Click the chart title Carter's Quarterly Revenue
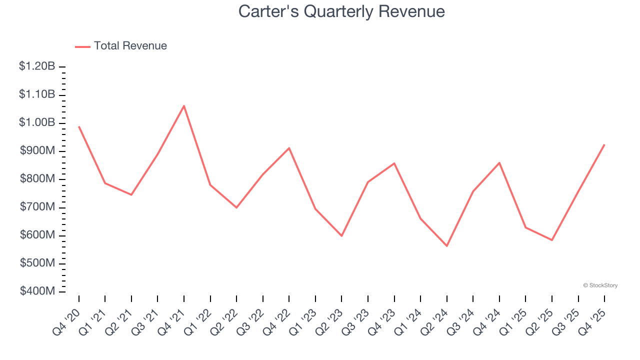(x=341, y=11)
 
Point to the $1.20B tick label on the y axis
(x=37, y=66)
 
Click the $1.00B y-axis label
(x=37, y=122)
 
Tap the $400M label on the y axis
(x=37, y=291)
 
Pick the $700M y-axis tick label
(x=37, y=207)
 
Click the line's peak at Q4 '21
(x=184, y=105)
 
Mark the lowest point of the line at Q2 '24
(x=446, y=246)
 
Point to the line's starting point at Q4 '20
(x=79, y=126)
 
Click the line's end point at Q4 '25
(x=604, y=144)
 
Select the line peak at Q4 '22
(x=289, y=148)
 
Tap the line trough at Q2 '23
(x=341, y=235)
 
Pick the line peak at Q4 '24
(x=499, y=162)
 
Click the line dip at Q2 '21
(x=131, y=194)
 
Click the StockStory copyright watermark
(x=600, y=285)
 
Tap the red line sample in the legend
(x=82, y=46)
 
